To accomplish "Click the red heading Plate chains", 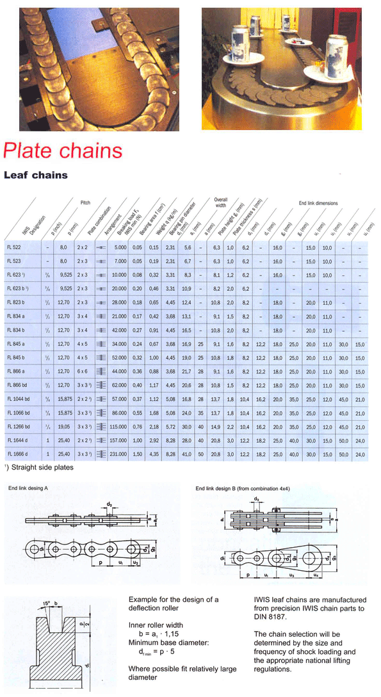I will [x=62, y=151].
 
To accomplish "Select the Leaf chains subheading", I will [x=36, y=174].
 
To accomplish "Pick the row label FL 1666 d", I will [x=18, y=454].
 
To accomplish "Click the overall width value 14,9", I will [x=216, y=427].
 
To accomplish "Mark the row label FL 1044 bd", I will [x=19, y=399].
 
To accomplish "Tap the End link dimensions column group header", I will [x=318, y=203].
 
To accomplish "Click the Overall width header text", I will [x=220, y=203].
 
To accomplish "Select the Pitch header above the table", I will [x=85, y=202].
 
